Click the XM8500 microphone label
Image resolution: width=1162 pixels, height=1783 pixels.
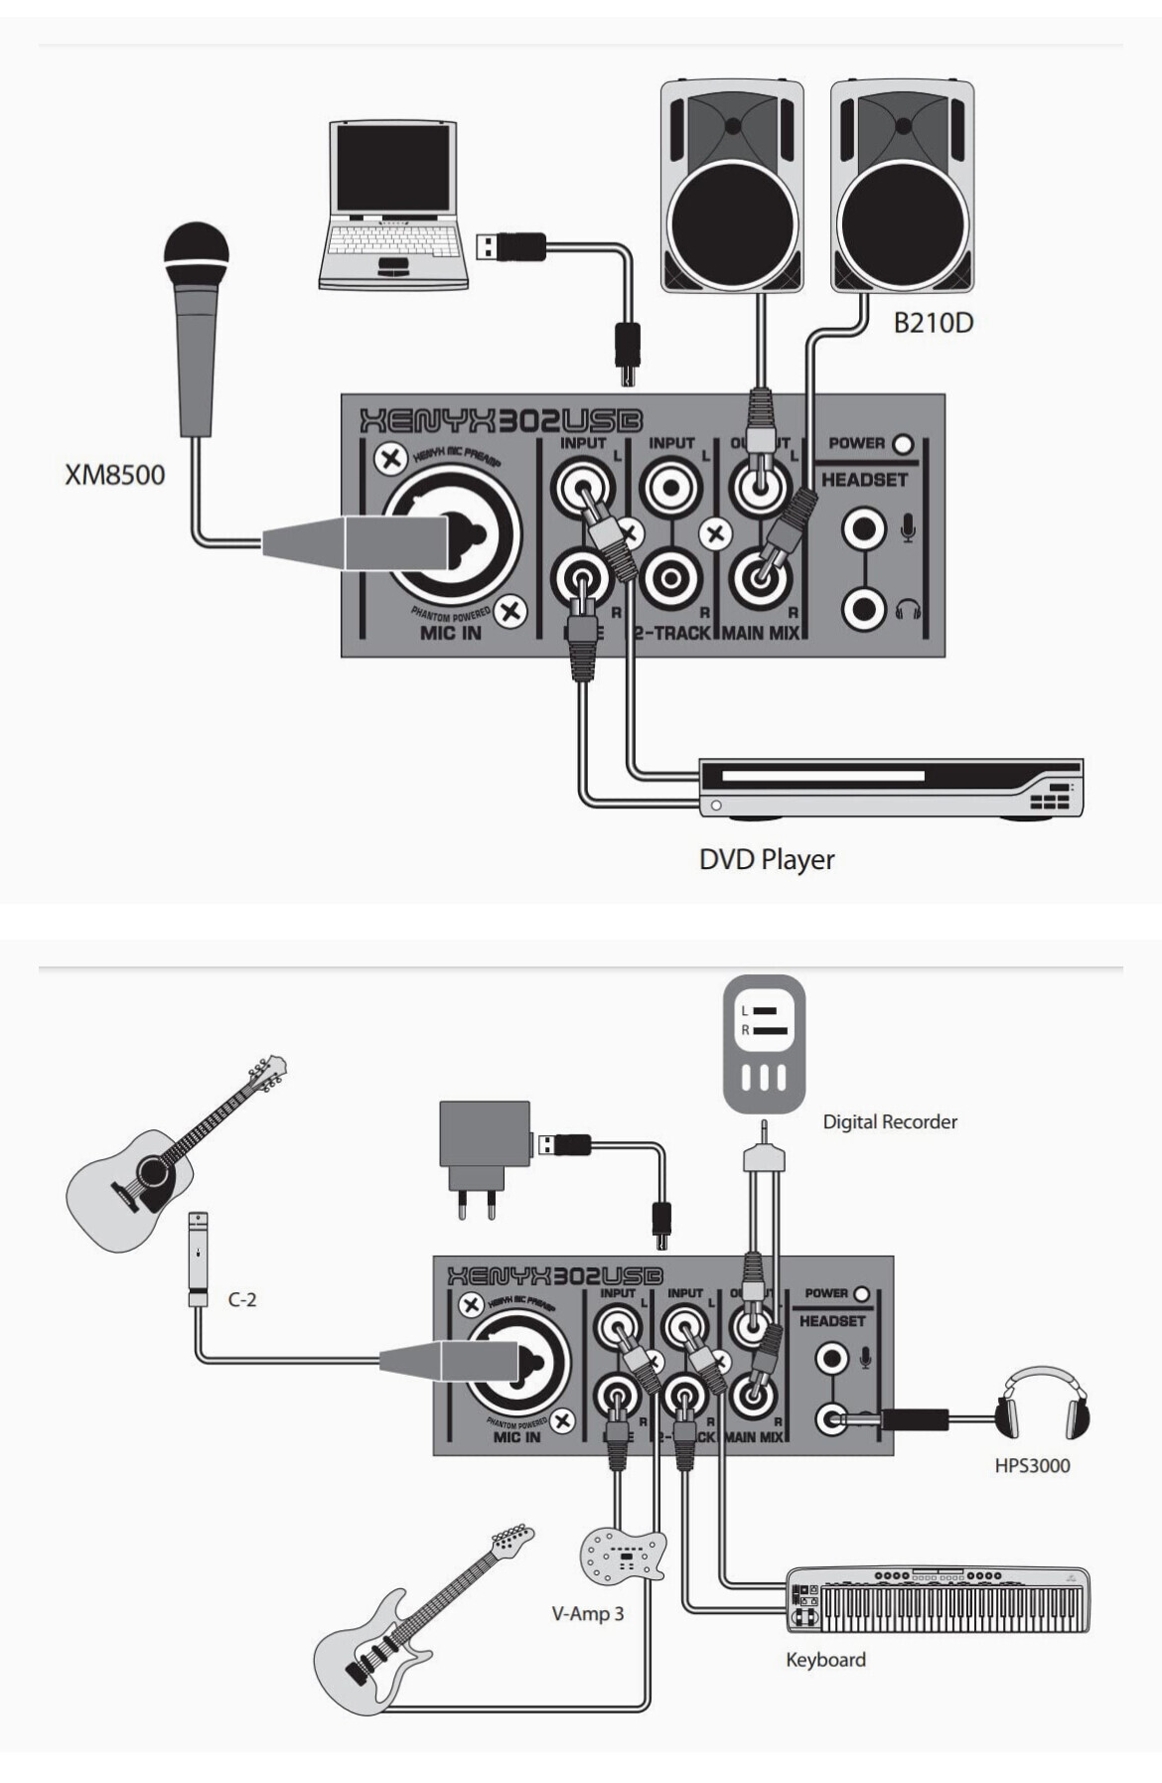click(115, 475)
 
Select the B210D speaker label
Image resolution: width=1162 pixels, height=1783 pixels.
click(933, 323)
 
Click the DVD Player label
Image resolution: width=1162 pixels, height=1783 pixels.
click(767, 859)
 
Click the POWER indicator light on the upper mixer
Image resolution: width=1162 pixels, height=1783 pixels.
click(903, 444)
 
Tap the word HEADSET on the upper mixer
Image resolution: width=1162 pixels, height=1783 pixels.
click(864, 480)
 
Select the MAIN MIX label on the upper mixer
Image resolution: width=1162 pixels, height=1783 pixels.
click(760, 633)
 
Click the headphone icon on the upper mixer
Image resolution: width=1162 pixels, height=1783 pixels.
click(908, 609)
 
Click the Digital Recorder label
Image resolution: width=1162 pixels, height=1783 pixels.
click(890, 1122)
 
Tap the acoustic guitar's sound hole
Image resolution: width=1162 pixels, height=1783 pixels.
click(155, 1173)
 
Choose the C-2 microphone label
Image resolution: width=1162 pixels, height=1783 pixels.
click(242, 1299)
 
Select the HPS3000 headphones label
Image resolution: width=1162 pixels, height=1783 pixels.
click(1032, 1465)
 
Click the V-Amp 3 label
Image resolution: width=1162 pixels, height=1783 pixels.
click(588, 1614)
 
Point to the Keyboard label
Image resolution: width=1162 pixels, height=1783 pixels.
click(825, 1660)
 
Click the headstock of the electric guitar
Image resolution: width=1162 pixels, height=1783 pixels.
click(510, 1541)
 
